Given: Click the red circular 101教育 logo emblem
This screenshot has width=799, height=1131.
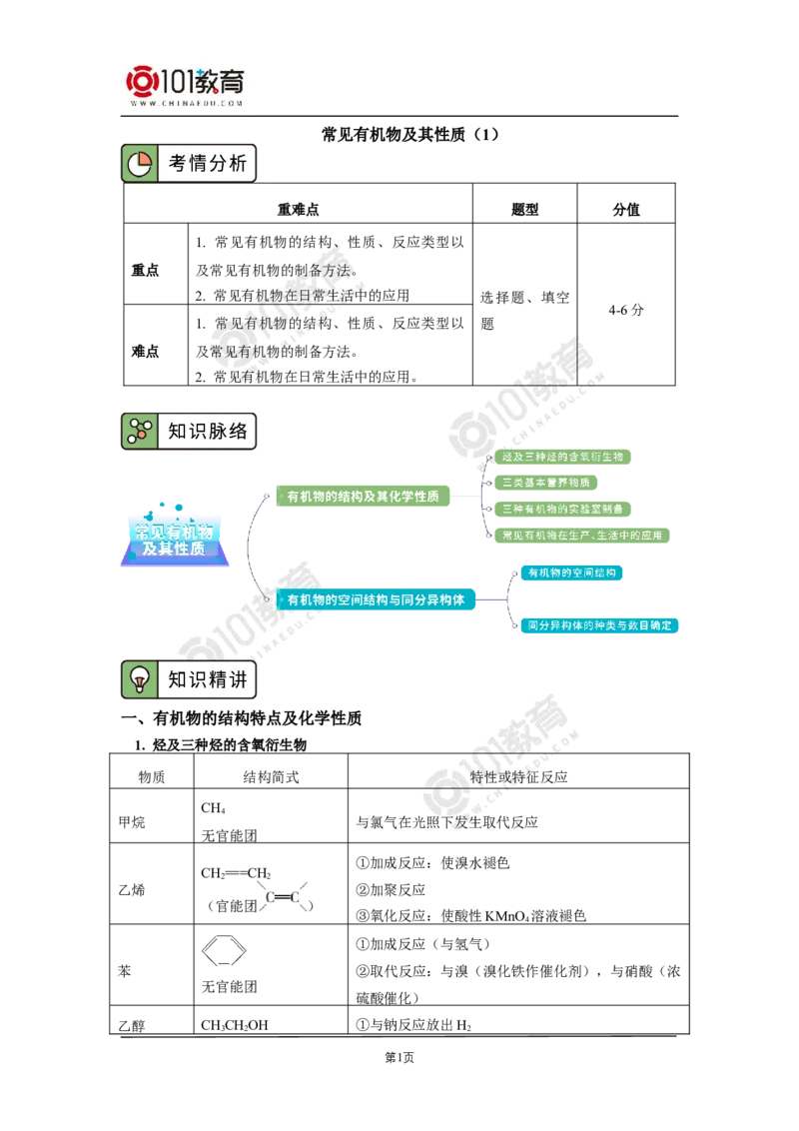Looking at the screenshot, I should [142, 80].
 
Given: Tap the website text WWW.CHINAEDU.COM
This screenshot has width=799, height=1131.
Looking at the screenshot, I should [187, 103].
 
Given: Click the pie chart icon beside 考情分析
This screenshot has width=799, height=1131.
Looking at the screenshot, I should [140, 164].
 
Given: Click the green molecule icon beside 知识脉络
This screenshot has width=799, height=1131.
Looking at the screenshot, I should [140, 432].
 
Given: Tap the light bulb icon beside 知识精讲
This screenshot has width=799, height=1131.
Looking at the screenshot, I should [140, 680].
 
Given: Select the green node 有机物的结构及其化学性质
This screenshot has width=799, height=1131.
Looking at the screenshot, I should [363, 497].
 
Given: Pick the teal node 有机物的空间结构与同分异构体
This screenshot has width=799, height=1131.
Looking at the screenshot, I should [378, 600].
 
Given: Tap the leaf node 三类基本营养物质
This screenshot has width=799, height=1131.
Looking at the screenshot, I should [546, 483].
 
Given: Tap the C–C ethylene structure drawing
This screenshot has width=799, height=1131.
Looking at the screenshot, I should [284, 898].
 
